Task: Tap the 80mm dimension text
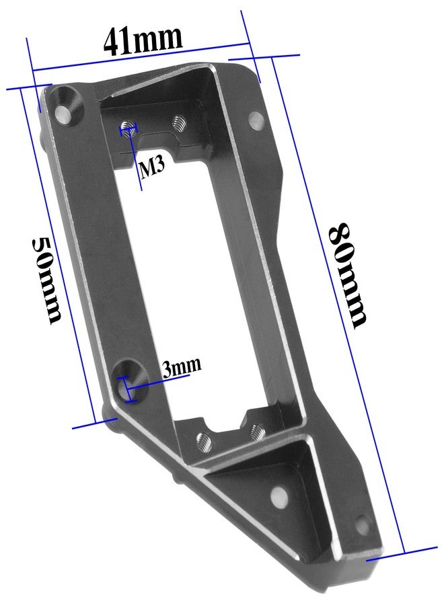pos(346,275)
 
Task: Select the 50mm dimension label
pos(46,280)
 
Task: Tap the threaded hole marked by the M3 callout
pos(128,128)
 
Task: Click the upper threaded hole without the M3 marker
pos(178,123)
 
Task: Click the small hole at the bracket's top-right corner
pos(256,120)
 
